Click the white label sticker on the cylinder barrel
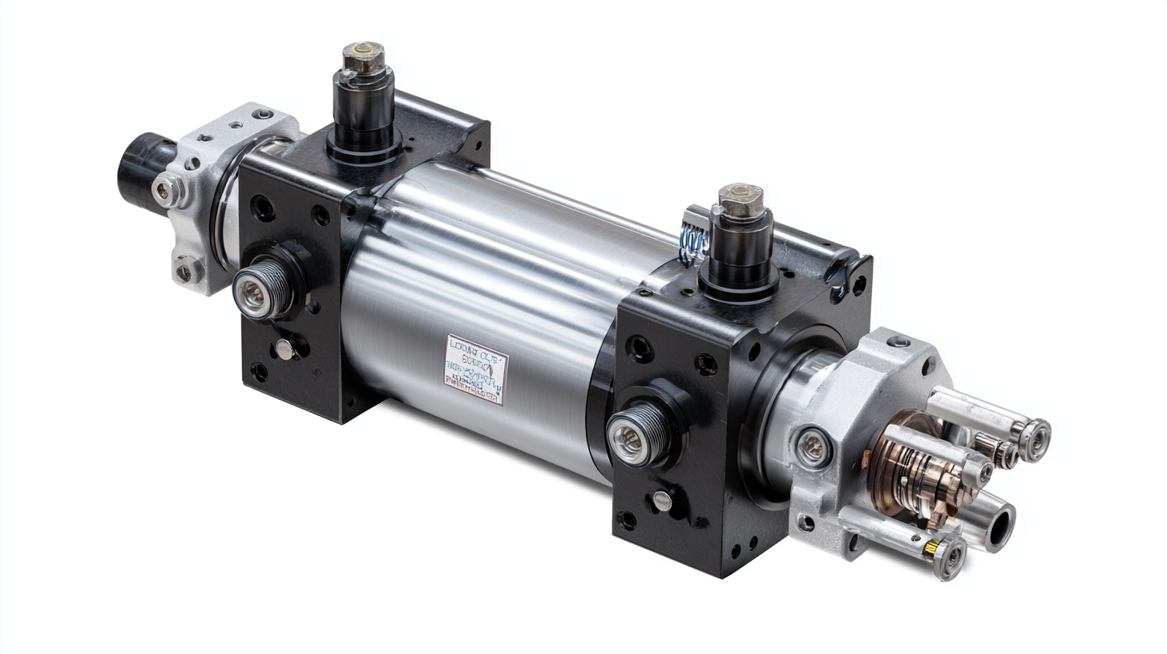coord(476,369)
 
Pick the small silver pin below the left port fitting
coord(284,347)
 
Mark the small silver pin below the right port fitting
coord(661,500)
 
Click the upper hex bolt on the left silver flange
coord(164,189)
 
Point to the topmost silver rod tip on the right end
coord(1034,437)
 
